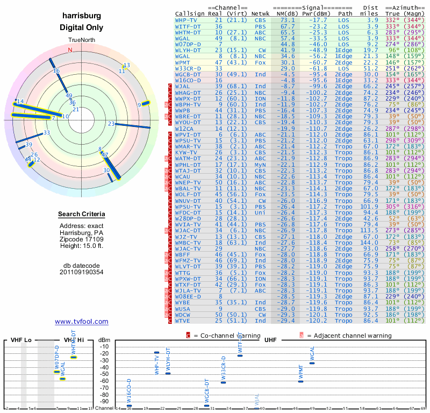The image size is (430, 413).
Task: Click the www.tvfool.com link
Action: coord(82,322)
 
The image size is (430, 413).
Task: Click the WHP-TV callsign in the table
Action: coord(186,20)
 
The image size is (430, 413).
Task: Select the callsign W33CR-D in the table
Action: coord(188,68)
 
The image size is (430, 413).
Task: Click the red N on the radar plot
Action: coord(70,50)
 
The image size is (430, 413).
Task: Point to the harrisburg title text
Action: coord(82,16)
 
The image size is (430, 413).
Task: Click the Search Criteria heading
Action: coord(82,215)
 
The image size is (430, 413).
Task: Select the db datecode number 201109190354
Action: coord(82,272)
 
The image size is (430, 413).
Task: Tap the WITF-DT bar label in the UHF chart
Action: coord(240,343)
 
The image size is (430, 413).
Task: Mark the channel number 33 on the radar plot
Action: coord(47,132)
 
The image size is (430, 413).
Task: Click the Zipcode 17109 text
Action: coord(82,239)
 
